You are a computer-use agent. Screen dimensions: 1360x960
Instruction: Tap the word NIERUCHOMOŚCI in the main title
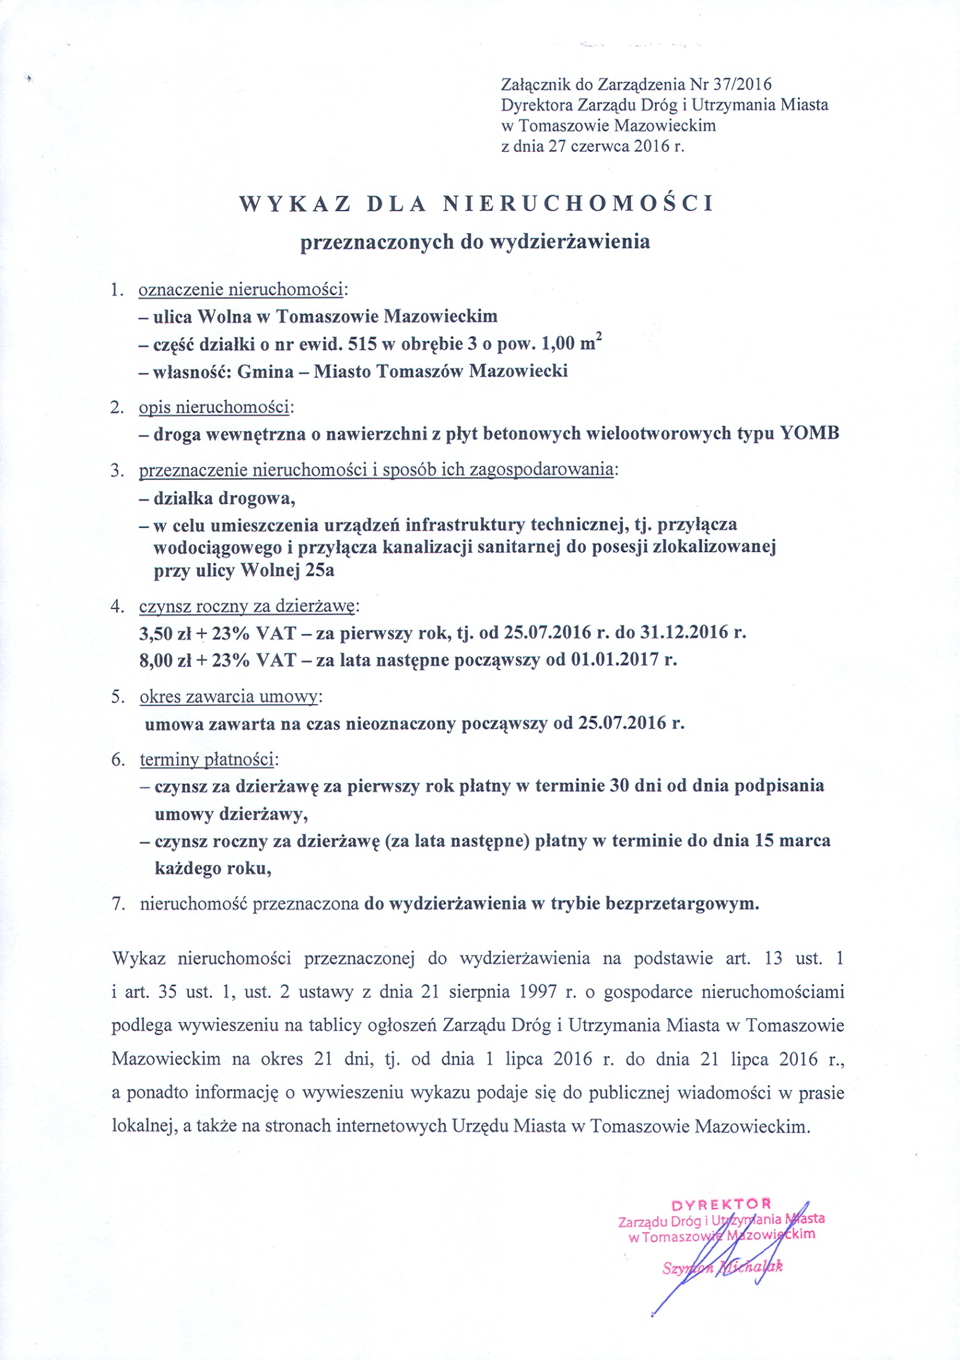(578, 204)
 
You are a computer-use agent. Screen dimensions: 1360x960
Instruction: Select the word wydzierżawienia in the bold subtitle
(569, 241)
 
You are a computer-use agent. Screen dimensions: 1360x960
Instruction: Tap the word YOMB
(809, 433)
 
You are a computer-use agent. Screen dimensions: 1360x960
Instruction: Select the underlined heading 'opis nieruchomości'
(214, 407)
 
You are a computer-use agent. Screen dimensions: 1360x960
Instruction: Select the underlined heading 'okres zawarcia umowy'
(228, 697)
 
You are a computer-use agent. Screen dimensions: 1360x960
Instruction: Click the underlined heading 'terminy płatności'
(208, 759)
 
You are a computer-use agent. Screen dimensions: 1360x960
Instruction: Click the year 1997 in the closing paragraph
(540, 992)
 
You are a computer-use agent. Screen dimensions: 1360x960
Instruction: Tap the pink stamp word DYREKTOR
(721, 1204)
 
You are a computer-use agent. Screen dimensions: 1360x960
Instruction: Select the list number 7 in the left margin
(117, 904)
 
